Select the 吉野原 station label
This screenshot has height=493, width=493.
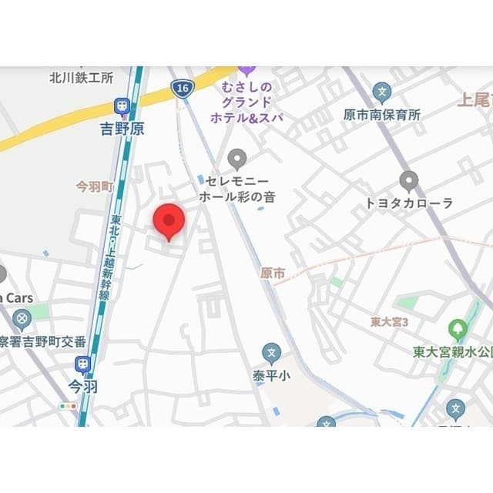tap(122, 129)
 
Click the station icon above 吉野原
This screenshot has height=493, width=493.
tap(122, 107)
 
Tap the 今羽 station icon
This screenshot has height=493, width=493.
tap(82, 364)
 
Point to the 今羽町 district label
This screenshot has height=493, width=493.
tap(94, 187)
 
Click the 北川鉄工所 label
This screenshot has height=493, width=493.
tap(81, 78)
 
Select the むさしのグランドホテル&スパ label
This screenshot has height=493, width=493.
tap(247, 100)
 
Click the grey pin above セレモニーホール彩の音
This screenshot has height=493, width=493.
tap(237, 159)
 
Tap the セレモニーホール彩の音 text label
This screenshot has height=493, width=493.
tap(237, 189)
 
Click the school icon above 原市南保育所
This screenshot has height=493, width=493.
tap(381, 92)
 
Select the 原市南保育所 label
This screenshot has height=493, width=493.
tap(382, 115)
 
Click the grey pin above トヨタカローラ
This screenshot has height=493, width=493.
tap(409, 181)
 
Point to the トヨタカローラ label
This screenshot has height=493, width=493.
tap(409, 203)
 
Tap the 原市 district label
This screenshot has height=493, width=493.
tap(273, 273)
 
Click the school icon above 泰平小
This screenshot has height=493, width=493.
tap(270, 354)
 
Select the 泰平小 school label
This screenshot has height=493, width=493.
tap(270, 376)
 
